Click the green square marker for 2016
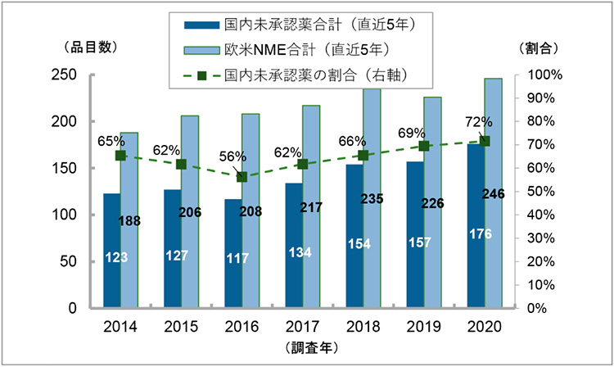tap(242, 177)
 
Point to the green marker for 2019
tap(423, 146)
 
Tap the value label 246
tap(493, 194)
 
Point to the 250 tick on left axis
tap(65, 75)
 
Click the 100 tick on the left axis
tap(65, 215)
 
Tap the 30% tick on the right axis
tap(544, 238)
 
